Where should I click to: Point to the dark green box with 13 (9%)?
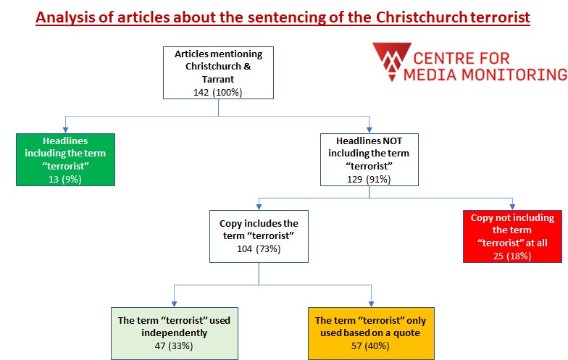click(x=66, y=159)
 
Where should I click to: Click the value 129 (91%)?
click(x=369, y=177)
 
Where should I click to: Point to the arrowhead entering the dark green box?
click(x=66, y=128)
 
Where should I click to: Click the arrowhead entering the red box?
click(x=513, y=206)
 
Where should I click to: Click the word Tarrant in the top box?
click(x=218, y=79)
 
